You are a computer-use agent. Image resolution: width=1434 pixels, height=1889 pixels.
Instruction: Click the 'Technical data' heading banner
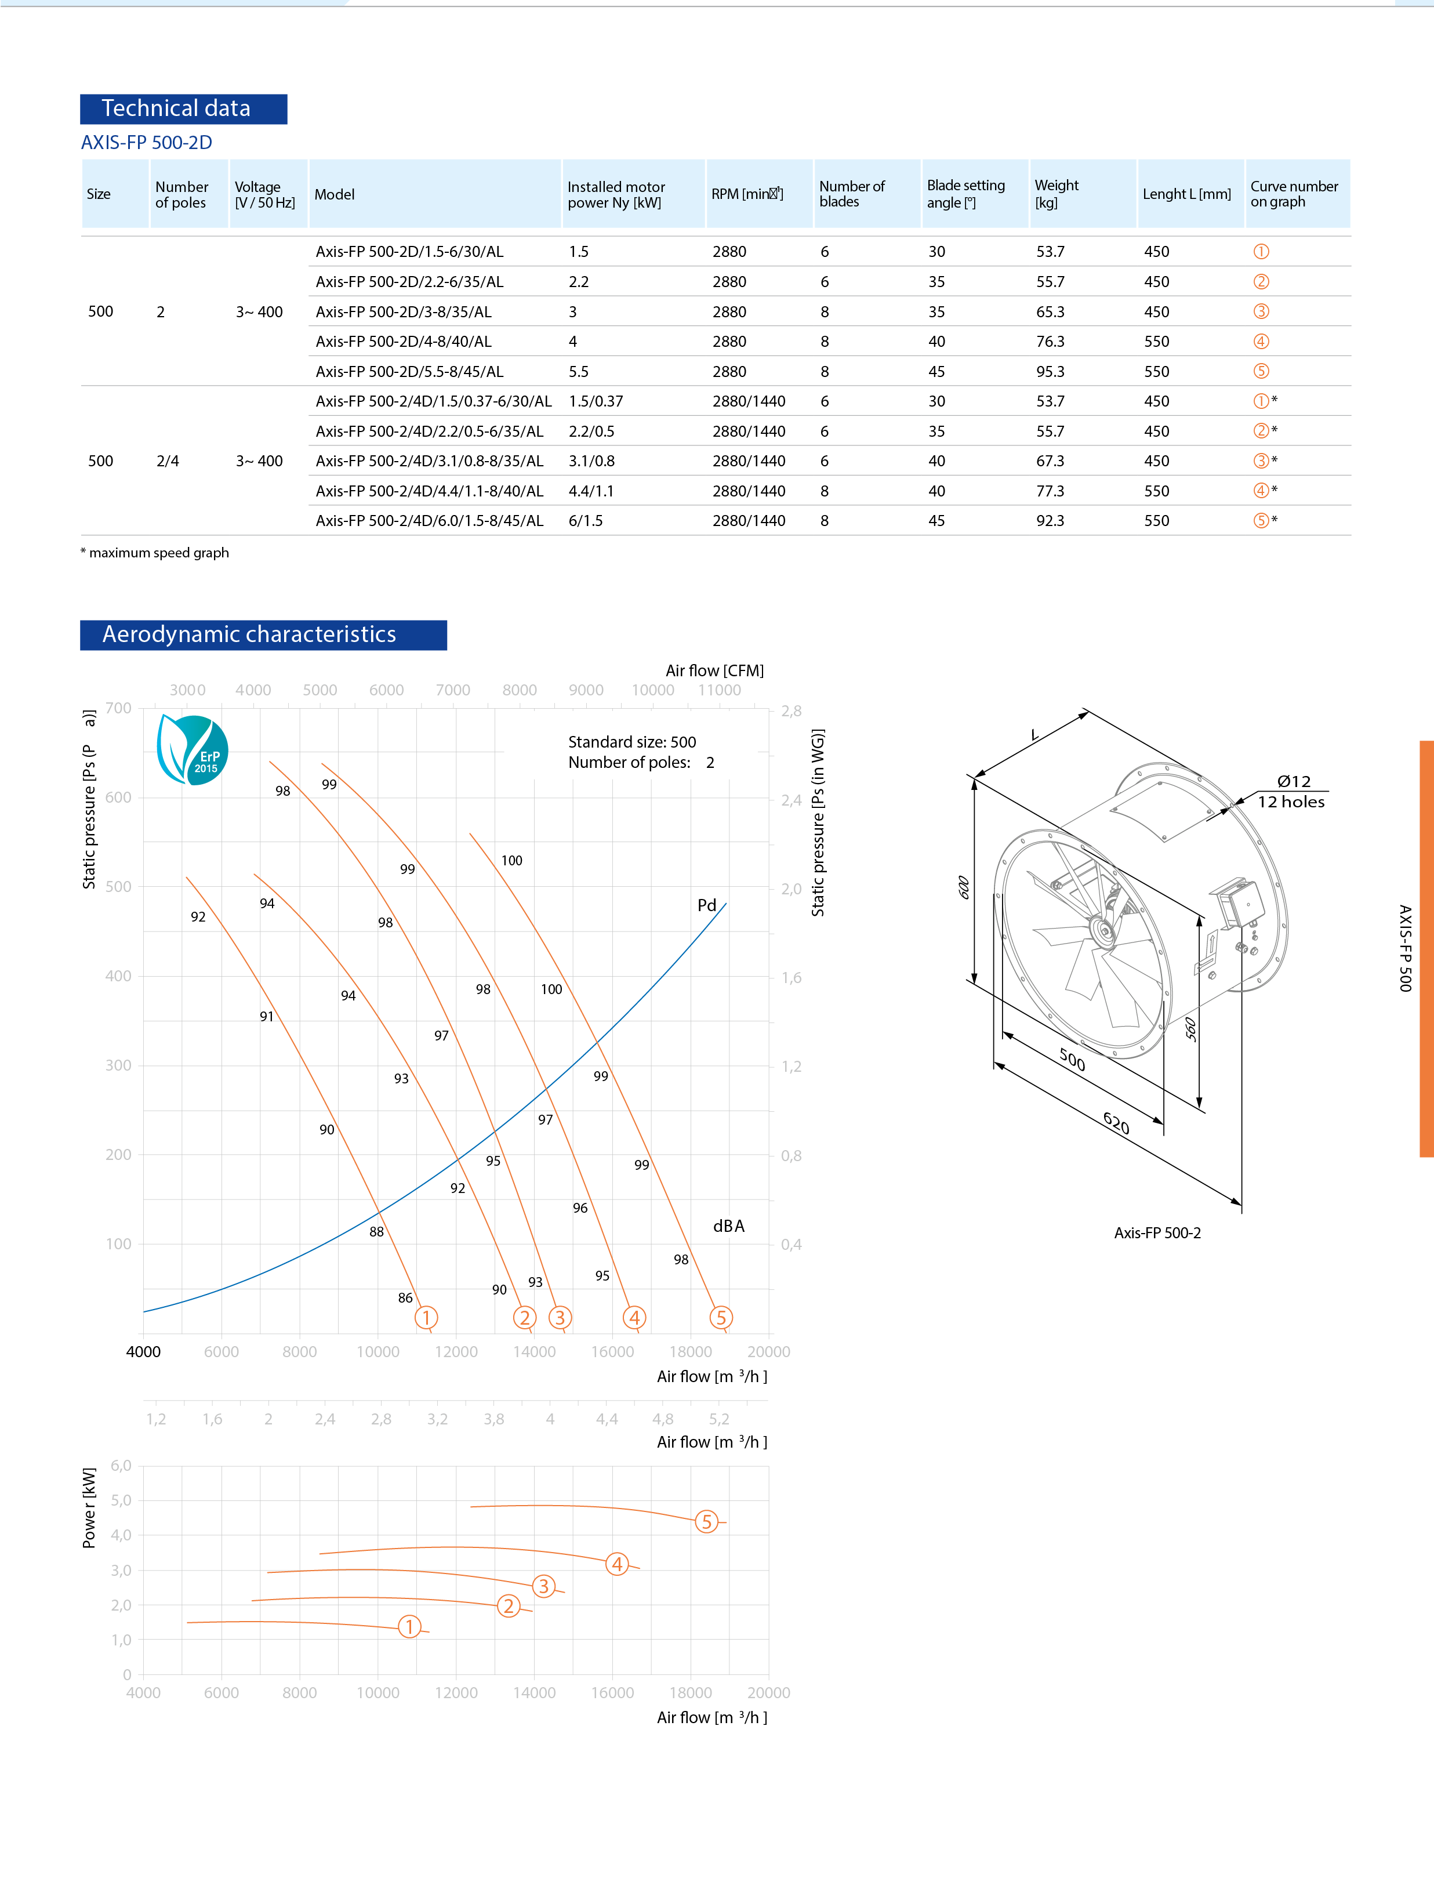point(183,109)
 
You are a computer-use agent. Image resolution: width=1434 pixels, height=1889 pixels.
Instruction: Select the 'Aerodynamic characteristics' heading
point(263,634)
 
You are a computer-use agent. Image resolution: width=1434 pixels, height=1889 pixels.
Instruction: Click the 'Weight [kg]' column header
point(1056,194)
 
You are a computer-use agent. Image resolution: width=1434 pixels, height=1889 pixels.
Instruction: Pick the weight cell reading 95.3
point(1050,372)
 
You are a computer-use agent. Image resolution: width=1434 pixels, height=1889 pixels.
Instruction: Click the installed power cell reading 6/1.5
point(586,521)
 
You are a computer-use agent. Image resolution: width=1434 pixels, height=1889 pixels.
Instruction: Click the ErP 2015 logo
point(193,750)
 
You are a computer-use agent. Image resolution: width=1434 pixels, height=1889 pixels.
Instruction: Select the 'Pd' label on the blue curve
point(707,905)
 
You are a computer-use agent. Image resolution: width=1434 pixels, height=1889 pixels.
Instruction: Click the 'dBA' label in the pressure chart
point(728,1226)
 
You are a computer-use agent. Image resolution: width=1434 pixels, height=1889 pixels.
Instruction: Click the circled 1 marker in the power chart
point(410,1626)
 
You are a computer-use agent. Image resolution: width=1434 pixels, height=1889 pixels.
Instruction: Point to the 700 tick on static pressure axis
point(119,708)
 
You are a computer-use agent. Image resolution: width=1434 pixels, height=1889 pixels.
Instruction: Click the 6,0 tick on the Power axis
point(121,1466)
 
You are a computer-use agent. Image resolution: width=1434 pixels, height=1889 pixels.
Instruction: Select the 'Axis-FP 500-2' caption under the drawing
point(1157,1232)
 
